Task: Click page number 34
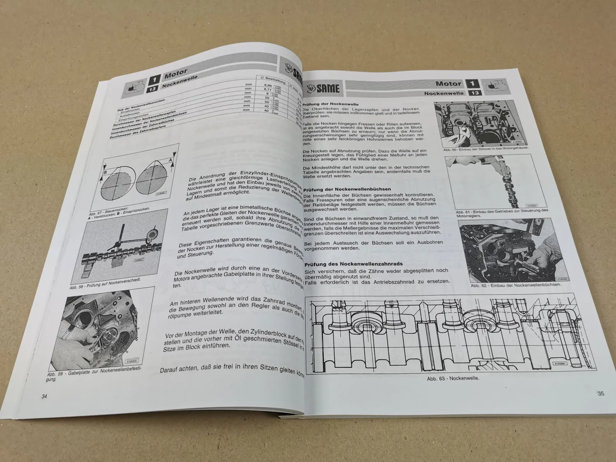click(44, 396)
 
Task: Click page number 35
click(600, 393)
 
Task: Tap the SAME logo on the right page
click(323, 87)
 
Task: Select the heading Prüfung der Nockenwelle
click(331, 104)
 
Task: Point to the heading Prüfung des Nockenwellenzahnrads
click(354, 264)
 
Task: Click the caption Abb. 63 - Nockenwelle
click(453, 379)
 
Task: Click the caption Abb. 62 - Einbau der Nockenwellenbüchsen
click(516, 285)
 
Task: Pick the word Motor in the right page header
click(448, 84)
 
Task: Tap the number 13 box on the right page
click(475, 93)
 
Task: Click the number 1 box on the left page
click(154, 79)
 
